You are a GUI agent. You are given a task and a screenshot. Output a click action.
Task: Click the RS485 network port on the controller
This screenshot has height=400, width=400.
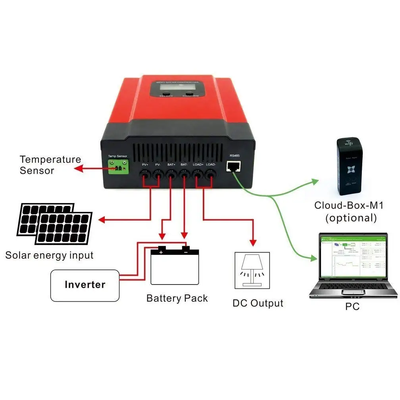point(234,166)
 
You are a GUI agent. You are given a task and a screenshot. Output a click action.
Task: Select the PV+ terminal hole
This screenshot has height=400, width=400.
point(145,174)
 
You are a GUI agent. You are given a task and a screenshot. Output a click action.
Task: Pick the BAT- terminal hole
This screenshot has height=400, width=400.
point(184,174)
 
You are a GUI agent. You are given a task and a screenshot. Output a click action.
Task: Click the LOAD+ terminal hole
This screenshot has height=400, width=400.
point(198,174)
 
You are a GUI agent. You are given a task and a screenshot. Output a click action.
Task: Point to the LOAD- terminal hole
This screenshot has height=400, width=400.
point(210,174)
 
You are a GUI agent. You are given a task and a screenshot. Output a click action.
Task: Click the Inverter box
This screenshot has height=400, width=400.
point(85,285)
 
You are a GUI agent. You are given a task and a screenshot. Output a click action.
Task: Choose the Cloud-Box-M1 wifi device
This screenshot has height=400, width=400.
point(349,167)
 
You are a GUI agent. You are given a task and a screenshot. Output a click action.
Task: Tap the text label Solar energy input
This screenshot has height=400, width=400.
point(49,255)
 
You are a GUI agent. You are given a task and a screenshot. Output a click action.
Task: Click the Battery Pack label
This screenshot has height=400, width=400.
point(177,298)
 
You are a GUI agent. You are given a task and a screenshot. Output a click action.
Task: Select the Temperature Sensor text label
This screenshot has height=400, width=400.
point(50,165)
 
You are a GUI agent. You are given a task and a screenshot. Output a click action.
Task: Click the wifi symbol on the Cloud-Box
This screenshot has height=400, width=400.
point(349,144)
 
